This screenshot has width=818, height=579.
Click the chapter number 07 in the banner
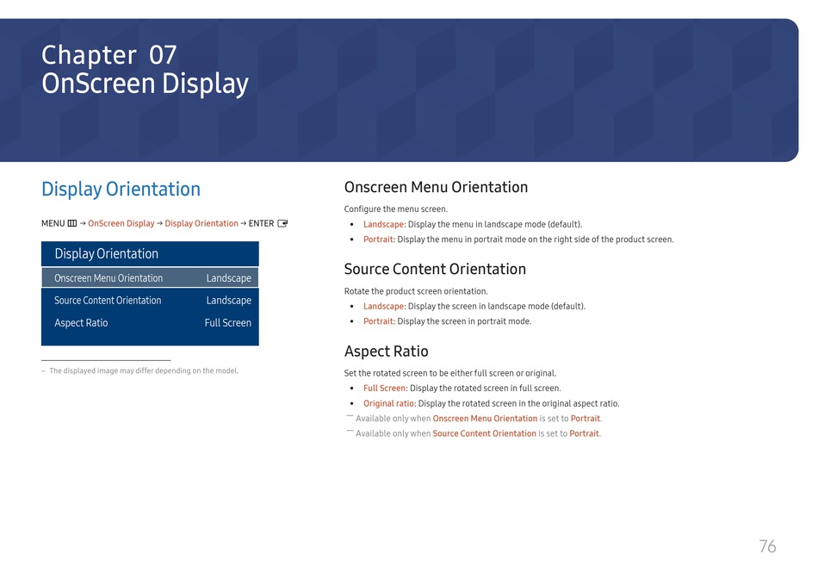(x=163, y=55)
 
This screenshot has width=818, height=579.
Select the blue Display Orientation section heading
(x=121, y=189)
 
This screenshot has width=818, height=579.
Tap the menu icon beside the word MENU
(x=72, y=223)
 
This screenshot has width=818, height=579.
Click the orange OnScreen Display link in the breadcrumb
(x=121, y=223)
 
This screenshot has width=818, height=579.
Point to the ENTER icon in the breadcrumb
(x=282, y=223)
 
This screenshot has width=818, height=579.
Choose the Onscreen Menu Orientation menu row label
(x=108, y=278)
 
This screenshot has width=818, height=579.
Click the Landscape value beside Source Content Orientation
(x=228, y=300)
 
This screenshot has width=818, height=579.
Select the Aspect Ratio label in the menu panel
(x=81, y=322)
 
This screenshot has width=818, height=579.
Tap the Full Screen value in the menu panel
(x=228, y=322)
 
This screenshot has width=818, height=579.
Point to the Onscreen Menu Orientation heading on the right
(x=437, y=187)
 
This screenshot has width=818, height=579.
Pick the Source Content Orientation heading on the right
(x=435, y=269)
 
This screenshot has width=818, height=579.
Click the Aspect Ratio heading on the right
(x=386, y=352)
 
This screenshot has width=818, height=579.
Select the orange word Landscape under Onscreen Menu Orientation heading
(x=383, y=225)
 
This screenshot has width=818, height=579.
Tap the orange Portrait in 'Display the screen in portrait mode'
(x=378, y=321)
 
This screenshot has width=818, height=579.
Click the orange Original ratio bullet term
(x=388, y=403)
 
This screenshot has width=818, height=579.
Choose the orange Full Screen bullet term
(x=385, y=389)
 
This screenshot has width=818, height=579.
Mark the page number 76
(x=767, y=546)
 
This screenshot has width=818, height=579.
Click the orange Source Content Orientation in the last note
(x=484, y=433)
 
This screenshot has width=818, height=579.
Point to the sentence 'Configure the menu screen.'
(x=396, y=209)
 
